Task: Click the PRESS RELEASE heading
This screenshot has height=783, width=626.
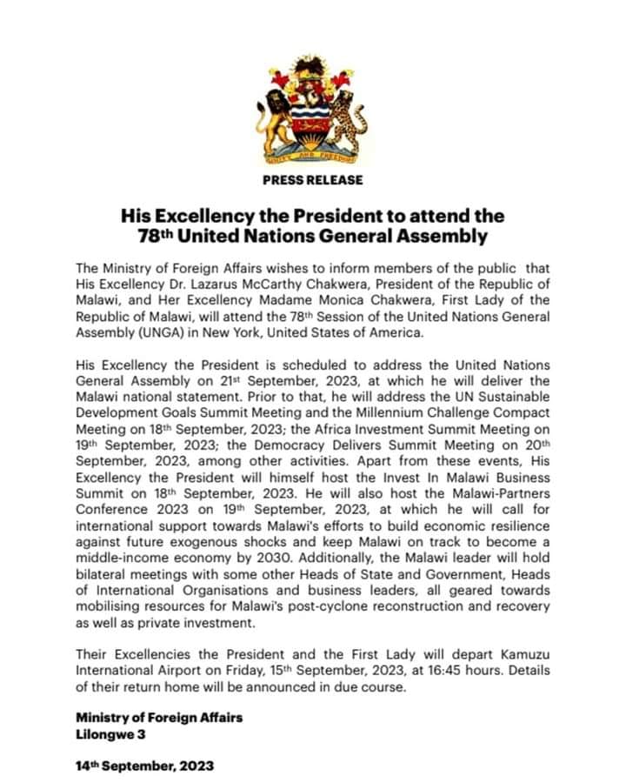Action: (x=312, y=180)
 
